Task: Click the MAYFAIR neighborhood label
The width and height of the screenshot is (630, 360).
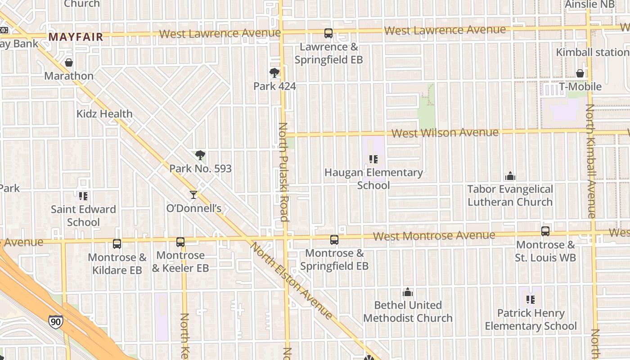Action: tap(76, 37)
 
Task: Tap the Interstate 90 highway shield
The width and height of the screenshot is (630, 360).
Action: tap(55, 321)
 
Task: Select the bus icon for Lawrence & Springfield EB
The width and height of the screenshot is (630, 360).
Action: tap(328, 33)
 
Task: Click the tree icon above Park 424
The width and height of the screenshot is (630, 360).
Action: tap(274, 73)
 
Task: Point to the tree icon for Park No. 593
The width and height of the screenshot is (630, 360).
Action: tap(200, 156)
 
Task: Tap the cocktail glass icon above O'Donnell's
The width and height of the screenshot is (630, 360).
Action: tap(193, 194)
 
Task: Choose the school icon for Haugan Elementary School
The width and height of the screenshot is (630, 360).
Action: tap(373, 159)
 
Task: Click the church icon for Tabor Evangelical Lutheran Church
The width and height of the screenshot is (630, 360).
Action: tap(510, 176)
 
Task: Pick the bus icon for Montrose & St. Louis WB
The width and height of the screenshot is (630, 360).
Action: tap(545, 231)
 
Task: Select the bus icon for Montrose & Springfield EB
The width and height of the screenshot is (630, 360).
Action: tap(334, 240)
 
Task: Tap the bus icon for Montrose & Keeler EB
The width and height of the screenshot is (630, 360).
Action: tap(180, 242)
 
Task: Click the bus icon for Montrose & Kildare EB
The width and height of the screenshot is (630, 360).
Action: tap(117, 244)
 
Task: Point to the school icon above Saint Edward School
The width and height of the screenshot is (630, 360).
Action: tap(83, 196)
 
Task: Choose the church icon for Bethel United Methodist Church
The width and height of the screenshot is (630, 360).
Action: tap(408, 292)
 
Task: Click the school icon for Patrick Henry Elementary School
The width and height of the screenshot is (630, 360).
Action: tap(531, 300)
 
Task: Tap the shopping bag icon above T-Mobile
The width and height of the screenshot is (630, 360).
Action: tap(580, 73)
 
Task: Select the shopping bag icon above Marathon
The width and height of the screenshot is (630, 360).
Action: tap(69, 63)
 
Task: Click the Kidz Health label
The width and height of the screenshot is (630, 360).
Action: tap(104, 114)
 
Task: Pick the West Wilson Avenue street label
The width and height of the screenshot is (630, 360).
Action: tap(445, 133)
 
